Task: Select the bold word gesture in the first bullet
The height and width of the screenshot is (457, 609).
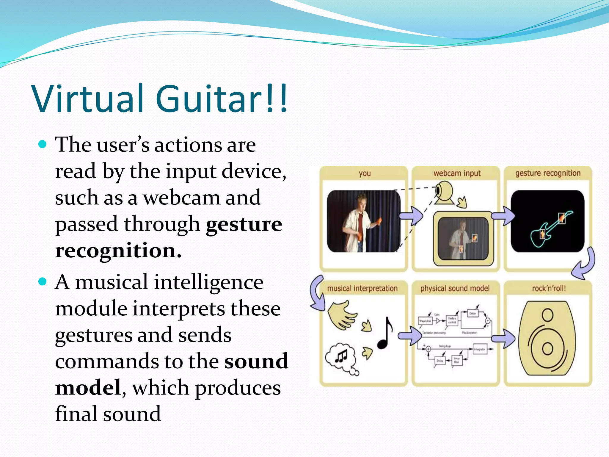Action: tap(244, 224)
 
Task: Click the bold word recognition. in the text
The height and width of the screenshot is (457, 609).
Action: tap(118, 251)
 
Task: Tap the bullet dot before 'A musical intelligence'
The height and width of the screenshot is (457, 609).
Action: tap(43, 281)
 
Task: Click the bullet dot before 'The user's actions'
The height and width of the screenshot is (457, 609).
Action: tap(43, 145)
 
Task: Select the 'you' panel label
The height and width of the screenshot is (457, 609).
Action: tap(365, 173)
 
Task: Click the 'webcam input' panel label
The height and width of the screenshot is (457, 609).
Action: tap(457, 173)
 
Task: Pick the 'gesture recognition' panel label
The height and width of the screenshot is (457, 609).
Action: tap(548, 173)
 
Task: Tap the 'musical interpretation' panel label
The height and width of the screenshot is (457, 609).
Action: tap(362, 288)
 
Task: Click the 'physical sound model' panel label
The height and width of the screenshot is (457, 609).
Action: tap(455, 288)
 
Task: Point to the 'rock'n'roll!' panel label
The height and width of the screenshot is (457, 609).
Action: tap(549, 288)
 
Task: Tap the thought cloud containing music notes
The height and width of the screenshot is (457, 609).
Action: tap(341, 357)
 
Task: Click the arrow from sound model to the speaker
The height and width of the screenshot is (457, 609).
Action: tap(503, 338)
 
